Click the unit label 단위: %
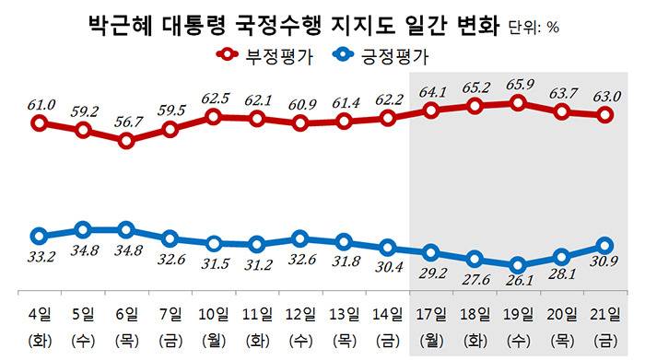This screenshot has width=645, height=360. (534, 27)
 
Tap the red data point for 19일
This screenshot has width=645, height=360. (518, 103)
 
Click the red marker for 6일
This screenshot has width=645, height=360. (126, 141)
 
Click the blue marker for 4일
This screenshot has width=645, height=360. (39, 236)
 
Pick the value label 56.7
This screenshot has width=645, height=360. (126, 122)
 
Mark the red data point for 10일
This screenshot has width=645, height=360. (213, 117)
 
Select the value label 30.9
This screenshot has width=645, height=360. (605, 265)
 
